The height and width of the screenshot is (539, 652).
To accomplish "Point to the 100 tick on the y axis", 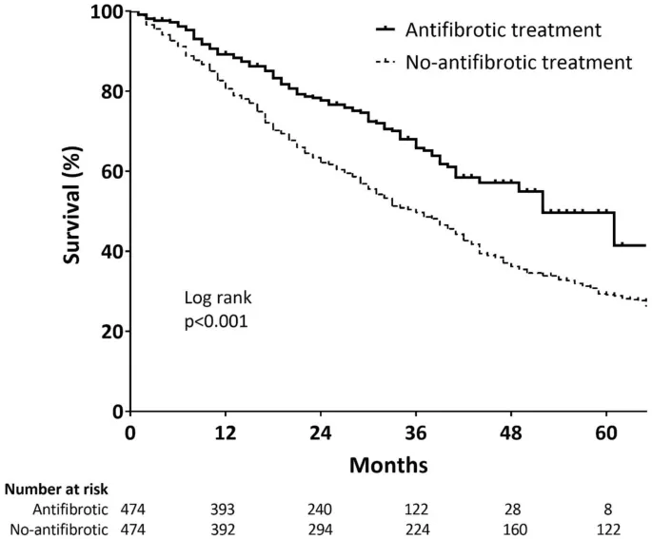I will click(106, 11).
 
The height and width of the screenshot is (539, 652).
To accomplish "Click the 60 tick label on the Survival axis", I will click(110, 172).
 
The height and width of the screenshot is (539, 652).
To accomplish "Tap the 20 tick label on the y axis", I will click(110, 332).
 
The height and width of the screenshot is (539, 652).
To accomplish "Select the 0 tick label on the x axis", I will click(130, 432).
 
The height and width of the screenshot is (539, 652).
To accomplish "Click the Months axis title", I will click(388, 466).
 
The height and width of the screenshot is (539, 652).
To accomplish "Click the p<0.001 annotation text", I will click(216, 321).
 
